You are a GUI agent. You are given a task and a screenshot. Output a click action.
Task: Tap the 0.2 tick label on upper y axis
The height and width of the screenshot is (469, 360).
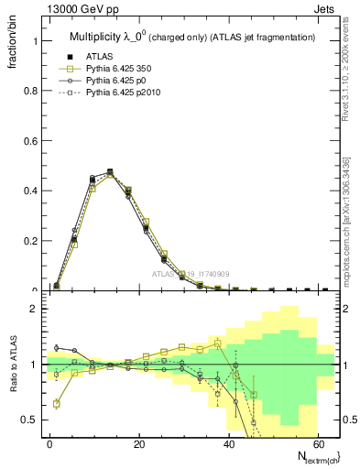click(x=30, y=241)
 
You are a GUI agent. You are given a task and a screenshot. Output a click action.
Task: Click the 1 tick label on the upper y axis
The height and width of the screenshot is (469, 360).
click(x=35, y=41)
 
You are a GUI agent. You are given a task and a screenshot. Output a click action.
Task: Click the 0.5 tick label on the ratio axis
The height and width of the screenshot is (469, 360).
click(x=30, y=420)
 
